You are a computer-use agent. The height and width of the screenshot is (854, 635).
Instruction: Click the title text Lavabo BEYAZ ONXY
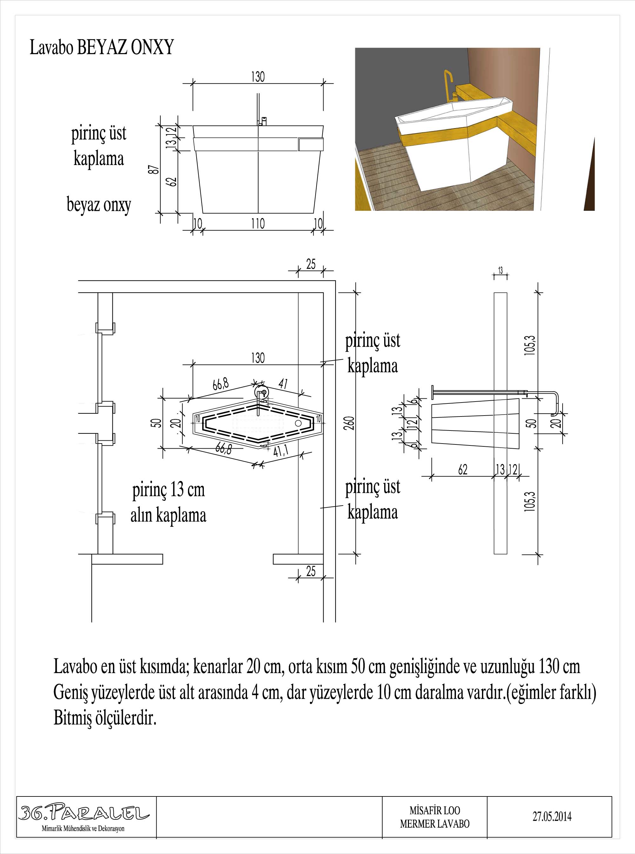102,48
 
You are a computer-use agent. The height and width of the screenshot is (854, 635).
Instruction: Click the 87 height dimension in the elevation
153,169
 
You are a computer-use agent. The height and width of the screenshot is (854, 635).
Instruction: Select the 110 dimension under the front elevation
258,224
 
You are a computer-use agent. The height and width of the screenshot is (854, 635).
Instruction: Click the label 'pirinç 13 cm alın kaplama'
168,503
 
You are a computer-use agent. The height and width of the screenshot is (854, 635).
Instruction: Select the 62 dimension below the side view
463,470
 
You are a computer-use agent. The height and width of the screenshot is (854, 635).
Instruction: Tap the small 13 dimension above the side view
500,271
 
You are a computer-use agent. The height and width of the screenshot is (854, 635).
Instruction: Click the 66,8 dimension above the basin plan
221,384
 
